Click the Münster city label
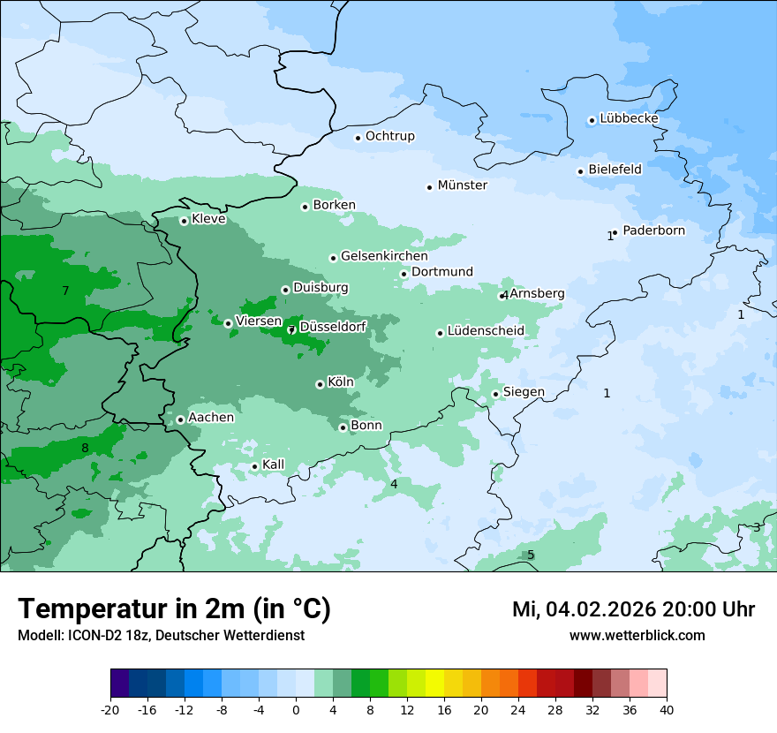pyautogui.click(x=462, y=185)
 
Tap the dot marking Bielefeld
pyautogui.click(x=580, y=171)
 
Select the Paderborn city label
pyautogui.click(x=653, y=230)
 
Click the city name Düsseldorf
pyautogui.click(x=333, y=327)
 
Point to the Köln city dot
pyautogui.click(x=320, y=384)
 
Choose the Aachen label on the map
pyautogui.click(x=211, y=418)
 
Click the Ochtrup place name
pyautogui.click(x=389, y=136)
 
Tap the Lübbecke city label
pyautogui.click(x=629, y=118)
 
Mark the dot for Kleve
pyautogui.click(x=184, y=221)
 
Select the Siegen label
pyautogui.click(x=524, y=392)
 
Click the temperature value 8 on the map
pyautogui.click(x=85, y=449)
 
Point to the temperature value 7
pyautogui.click(x=65, y=291)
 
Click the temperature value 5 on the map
pyautogui.click(x=531, y=555)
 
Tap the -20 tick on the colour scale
pyautogui.click(x=110, y=709)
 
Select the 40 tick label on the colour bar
pyautogui.click(x=667, y=709)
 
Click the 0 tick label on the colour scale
pyautogui.click(x=296, y=709)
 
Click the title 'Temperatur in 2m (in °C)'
pyautogui.click(x=175, y=609)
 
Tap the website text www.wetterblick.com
pyautogui.click(x=637, y=635)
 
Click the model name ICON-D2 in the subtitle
pyautogui.click(x=89, y=635)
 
